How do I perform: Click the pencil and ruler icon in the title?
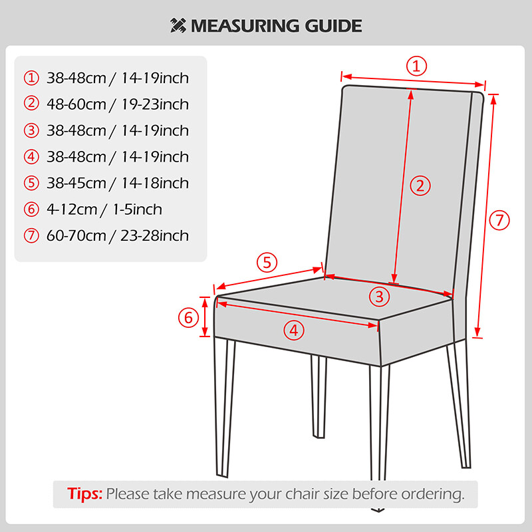[178, 25]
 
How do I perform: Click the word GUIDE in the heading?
[333, 26]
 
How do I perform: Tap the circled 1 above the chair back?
[416, 66]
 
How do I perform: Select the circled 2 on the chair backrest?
[420, 186]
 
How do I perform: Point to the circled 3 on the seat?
[379, 297]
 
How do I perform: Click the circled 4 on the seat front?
[294, 330]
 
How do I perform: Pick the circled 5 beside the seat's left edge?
[267, 262]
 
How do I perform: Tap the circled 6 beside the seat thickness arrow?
[188, 318]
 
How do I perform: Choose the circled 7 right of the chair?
[499, 220]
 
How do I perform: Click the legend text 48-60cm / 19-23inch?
[118, 104]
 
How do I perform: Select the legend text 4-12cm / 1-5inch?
[104, 209]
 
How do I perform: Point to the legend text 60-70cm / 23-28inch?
[118, 235]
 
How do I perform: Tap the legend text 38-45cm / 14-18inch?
[118, 184]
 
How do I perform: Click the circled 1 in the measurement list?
[31, 78]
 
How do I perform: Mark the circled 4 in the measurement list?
[31, 157]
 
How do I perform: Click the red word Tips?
[85, 493]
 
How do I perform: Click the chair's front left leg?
[225, 407]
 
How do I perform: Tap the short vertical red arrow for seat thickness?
[205, 317]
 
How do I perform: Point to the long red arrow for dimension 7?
[485, 216]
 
